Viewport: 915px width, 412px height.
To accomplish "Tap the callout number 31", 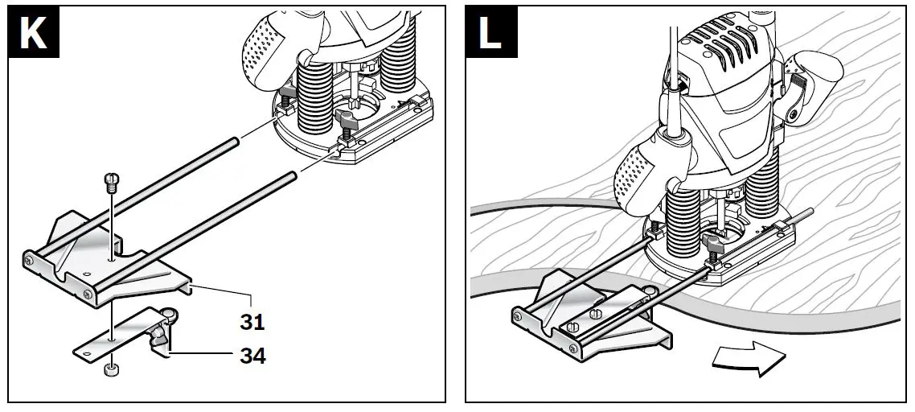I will [252, 322].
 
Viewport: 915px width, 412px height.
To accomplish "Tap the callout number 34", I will [252, 355].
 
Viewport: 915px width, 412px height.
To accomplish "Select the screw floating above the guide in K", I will [112, 181].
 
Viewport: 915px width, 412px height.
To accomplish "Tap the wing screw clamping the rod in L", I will [712, 244].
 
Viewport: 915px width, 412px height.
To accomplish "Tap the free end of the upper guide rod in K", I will [234, 142].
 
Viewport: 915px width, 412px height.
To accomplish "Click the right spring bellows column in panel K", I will [400, 64].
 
